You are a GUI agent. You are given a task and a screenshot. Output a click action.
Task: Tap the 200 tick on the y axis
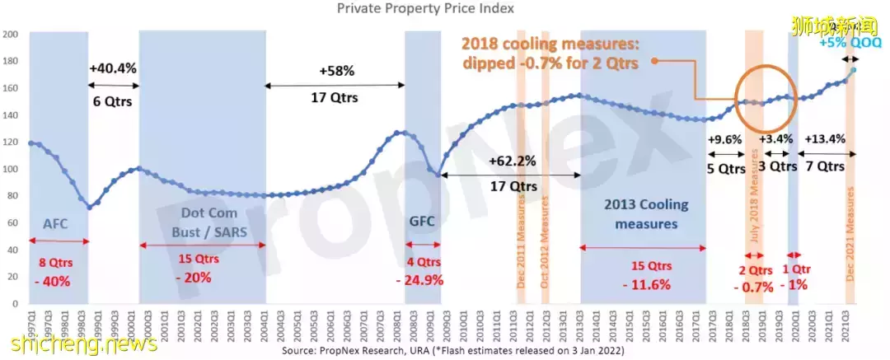point(11,35)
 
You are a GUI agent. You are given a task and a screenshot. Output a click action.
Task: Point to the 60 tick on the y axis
point(12,223)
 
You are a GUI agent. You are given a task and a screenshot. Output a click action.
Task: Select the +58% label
point(336,72)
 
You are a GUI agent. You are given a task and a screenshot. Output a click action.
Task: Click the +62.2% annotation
point(513,161)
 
